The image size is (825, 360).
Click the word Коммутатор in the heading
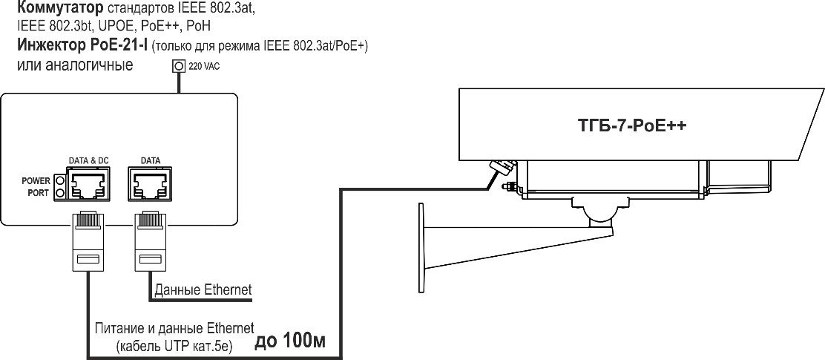[56, 9]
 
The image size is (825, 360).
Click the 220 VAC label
[205, 66]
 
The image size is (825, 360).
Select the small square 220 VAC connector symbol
[178, 66]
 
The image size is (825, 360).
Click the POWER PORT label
[36, 186]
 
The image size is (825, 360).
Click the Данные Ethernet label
[203, 289]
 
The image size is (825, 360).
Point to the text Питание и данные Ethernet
[174, 327]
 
